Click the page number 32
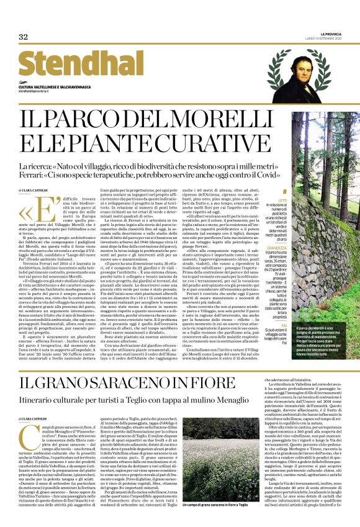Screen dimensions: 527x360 pyautogui.click(x=24, y=37)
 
